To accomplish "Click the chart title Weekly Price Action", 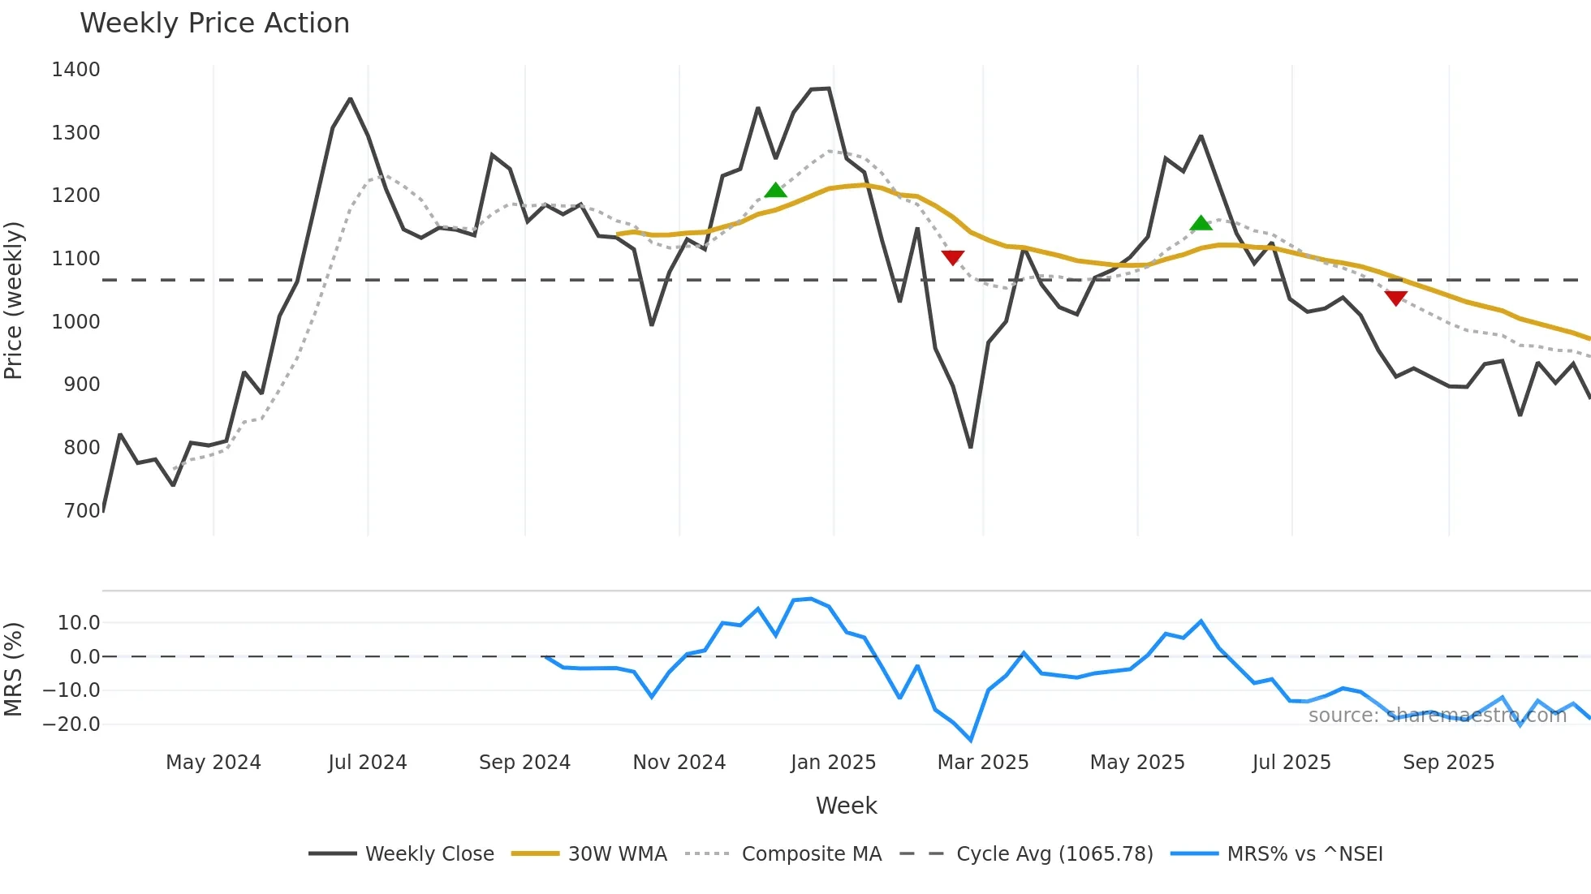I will pyautogui.click(x=214, y=24).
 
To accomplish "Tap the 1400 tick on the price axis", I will pyautogui.click(x=75, y=70).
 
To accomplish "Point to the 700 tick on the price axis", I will pyautogui.click(x=82, y=511).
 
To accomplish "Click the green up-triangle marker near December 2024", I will pyautogui.click(x=775, y=191).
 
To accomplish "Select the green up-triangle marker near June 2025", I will pyautogui.click(x=1201, y=223).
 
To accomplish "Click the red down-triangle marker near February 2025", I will pyautogui.click(x=952, y=258).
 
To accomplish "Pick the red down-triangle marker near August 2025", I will pyautogui.click(x=1395, y=298).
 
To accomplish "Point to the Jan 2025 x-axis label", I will pyautogui.click(x=833, y=763).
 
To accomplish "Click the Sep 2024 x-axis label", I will pyautogui.click(x=524, y=763).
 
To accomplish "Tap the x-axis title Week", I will pyautogui.click(x=846, y=806).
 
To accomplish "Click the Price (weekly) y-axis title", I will pyautogui.click(x=14, y=300).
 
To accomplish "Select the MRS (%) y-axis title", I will pyautogui.click(x=14, y=669).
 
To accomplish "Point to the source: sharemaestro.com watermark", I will pyautogui.click(x=1437, y=716).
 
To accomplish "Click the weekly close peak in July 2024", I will pyautogui.click(x=350, y=99).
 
